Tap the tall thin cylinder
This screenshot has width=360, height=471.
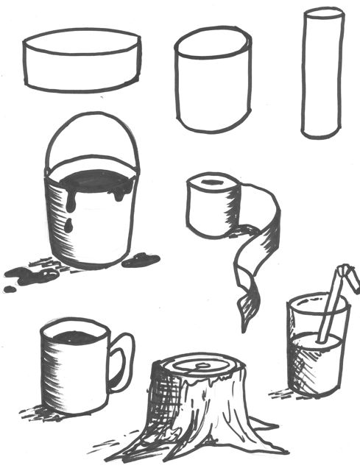tap(322, 74)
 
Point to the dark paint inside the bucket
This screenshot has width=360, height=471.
tap(91, 181)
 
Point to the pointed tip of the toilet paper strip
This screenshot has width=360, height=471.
tap(243, 324)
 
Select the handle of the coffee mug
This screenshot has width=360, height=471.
tap(121, 361)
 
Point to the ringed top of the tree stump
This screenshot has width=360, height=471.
tap(195, 365)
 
